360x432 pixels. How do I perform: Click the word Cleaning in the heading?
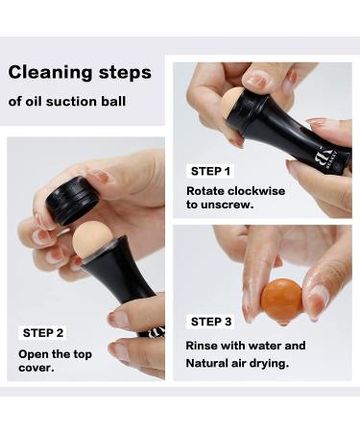tap(48, 73)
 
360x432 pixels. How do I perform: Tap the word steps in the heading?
tap(122, 74)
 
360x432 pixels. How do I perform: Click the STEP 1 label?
tap(211, 171)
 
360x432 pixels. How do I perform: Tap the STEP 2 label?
tap(43, 332)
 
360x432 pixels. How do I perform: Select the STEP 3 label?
tap(211, 322)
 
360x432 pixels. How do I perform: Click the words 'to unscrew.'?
tap(219, 205)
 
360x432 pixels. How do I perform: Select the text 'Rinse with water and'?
tap(246, 345)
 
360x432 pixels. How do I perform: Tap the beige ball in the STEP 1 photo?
tap(234, 103)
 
